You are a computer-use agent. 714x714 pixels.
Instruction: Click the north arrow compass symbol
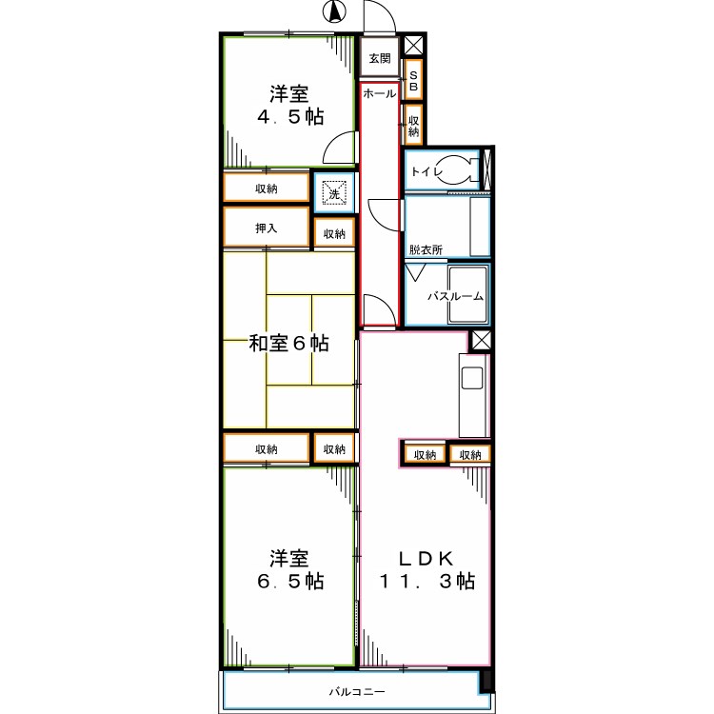click(x=334, y=12)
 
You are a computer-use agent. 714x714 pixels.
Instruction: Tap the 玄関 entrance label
click(x=380, y=58)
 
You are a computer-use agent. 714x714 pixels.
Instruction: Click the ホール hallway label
click(x=380, y=95)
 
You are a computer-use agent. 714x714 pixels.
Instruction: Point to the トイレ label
click(x=425, y=172)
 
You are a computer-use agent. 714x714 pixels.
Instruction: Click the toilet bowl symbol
click(x=463, y=171)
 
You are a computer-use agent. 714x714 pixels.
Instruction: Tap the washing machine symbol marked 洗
click(x=333, y=193)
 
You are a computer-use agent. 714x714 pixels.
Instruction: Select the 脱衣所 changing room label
click(x=426, y=249)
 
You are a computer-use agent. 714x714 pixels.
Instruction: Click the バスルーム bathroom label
click(x=455, y=296)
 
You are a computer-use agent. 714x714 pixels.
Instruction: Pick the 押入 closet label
click(x=266, y=228)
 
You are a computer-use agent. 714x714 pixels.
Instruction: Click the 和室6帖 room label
click(x=289, y=343)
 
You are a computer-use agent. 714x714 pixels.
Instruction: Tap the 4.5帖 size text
click(x=290, y=117)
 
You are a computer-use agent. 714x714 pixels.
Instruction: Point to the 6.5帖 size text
click(x=290, y=581)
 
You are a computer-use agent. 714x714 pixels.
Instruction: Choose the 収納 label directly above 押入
click(x=266, y=188)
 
